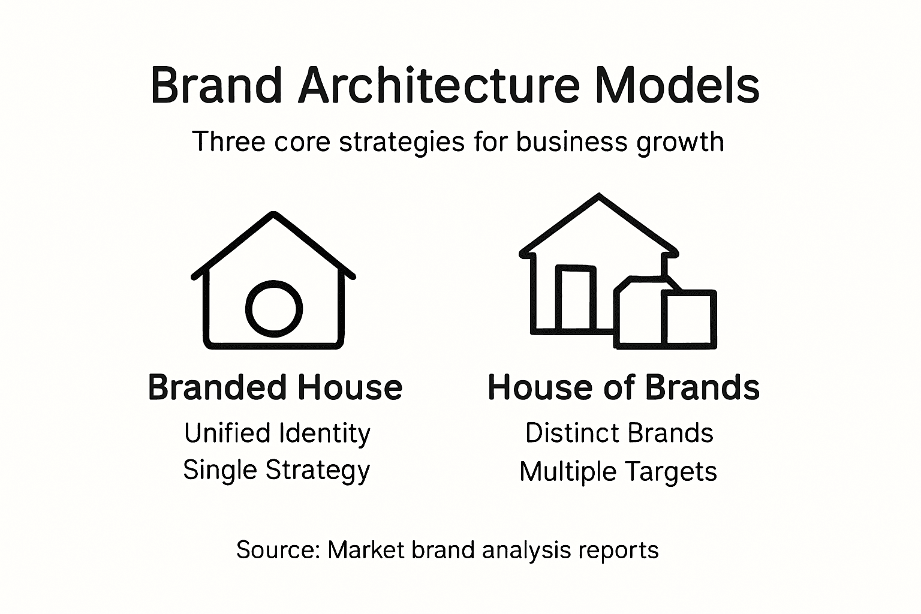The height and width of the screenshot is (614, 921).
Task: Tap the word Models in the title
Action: click(x=678, y=86)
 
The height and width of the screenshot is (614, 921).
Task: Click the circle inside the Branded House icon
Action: click(x=274, y=309)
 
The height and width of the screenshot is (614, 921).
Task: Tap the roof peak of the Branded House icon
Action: click(x=274, y=215)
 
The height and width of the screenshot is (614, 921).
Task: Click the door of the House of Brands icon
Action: click(x=576, y=299)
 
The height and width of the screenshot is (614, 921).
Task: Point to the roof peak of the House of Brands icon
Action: click(x=598, y=197)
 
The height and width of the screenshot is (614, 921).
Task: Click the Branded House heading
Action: click(x=275, y=387)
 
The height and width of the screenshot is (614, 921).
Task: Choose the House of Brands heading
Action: click(x=624, y=387)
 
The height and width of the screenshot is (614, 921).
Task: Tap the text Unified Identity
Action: click(x=277, y=433)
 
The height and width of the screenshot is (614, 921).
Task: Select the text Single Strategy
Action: click(x=276, y=470)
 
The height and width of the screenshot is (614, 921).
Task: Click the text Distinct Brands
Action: click(x=619, y=433)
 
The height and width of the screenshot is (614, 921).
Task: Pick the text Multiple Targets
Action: click(x=618, y=471)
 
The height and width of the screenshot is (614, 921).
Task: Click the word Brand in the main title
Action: click(x=216, y=86)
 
